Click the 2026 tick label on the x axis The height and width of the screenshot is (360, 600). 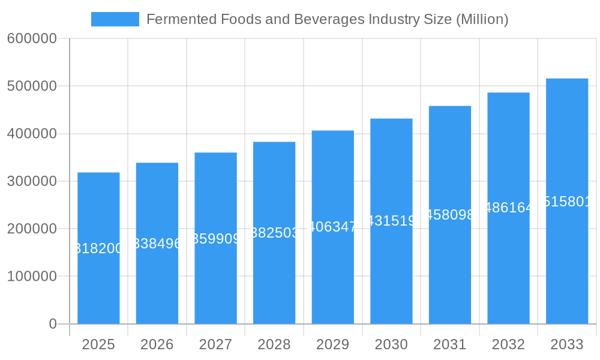[157, 344]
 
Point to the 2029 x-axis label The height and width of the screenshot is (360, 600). [332, 344]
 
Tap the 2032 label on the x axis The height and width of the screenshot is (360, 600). [508, 344]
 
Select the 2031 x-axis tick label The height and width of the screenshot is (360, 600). [449, 344]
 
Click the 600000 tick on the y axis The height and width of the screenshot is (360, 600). [32, 39]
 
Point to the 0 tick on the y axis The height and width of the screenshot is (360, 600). [52, 324]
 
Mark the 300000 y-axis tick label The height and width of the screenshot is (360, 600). [32, 181]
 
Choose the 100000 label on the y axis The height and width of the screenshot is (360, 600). [32, 277]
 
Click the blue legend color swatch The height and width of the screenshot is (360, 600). [115, 19]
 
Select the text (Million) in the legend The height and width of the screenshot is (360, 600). [482, 19]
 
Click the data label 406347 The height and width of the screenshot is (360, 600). [332, 227]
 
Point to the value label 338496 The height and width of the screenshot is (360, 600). [157, 244]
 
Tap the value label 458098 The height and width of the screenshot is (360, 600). [449, 215]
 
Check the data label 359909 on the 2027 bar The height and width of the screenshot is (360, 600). [215, 239]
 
